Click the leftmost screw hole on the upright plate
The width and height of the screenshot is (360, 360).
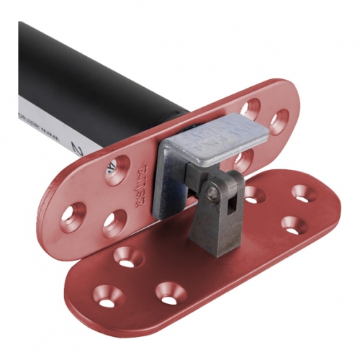(74, 213)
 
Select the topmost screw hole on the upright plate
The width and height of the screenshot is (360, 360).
(251, 109)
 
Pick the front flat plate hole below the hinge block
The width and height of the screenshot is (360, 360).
(168, 292)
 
